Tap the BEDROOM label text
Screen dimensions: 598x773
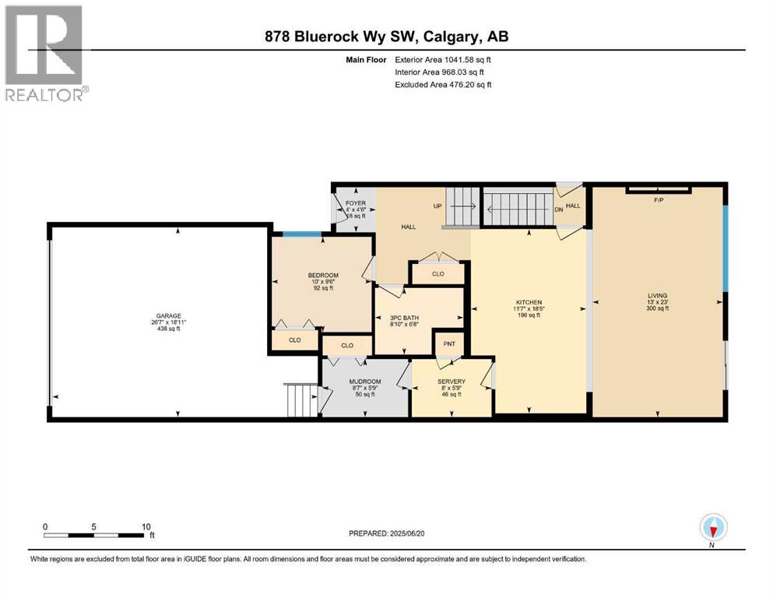(323, 276)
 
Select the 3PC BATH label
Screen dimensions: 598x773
(406, 318)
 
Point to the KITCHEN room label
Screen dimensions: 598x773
(529, 302)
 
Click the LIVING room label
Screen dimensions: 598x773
(657, 296)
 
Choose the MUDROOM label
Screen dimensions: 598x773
(364, 382)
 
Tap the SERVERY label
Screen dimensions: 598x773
(451, 382)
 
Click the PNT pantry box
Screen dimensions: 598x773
(448, 343)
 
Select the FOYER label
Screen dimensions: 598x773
(355, 204)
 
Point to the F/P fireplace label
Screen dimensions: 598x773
(658, 199)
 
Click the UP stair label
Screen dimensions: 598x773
(437, 206)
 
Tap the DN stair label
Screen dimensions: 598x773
(558, 209)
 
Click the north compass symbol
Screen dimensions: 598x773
(713, 529)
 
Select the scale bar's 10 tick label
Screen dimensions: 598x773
(146, 526)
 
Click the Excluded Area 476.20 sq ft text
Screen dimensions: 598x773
(443, 84)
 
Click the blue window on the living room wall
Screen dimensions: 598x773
(726, 248)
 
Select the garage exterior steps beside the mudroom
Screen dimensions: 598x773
(301, 400)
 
